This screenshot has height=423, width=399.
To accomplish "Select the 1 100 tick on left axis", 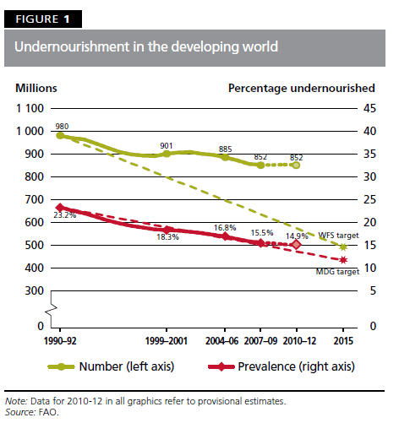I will coord(30,108).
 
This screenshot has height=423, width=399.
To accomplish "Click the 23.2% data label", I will coord(63,217).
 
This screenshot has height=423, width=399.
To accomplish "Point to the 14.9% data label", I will coord(297,236).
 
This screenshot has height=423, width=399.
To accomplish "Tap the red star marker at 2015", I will coord(343,259).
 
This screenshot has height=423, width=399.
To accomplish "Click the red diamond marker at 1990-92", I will coord(59,207).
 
